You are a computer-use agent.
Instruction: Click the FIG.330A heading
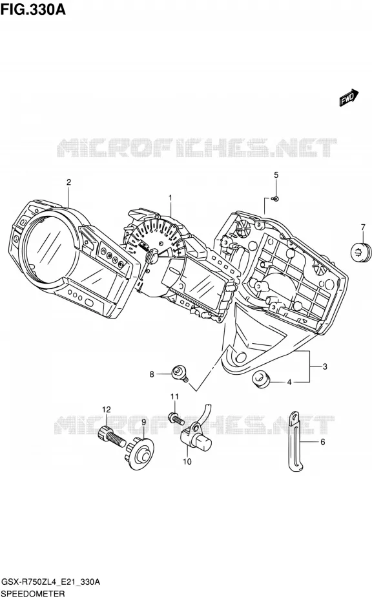pyautogui.click(x=33, y=9)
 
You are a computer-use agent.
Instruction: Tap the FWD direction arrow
pyautogui.click(x=349, y=98)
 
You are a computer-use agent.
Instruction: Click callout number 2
pyautogui.click(x=68, y=182)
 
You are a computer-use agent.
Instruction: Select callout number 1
pyautogui.click(x=170, y=198)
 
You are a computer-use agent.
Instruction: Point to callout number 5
pyautogui.click(x=276, y=175)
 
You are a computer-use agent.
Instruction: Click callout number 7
pyautogui.click(x=363, y=227)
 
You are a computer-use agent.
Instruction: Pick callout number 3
pyautogui.click(x=325, y=367)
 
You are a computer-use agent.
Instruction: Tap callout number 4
pyautogui.click(x=289, y=382)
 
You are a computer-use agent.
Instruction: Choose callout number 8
pyautogui.click(x=152, y=374)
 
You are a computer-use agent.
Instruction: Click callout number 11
pyautogui.click(x=175, y=396)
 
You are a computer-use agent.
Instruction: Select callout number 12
pyautogui.click(x=106, y=410)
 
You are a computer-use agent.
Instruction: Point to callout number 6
pyautogui.click(x=322, y=442)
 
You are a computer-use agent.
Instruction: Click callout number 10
pyautogui.click(x=187, y=461)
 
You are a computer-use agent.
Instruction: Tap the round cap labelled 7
pyautogui.click(x=361, y=252)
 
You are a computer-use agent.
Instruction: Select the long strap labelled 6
pyautogui.click(x=296, y=441)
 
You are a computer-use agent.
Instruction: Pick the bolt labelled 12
pyautogui.click(x=112, y=438)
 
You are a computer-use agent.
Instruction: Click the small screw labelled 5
pyautogui.click(x=275, y=198)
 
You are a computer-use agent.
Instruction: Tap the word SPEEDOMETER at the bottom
pyautogui.click(x=33, y=594)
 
